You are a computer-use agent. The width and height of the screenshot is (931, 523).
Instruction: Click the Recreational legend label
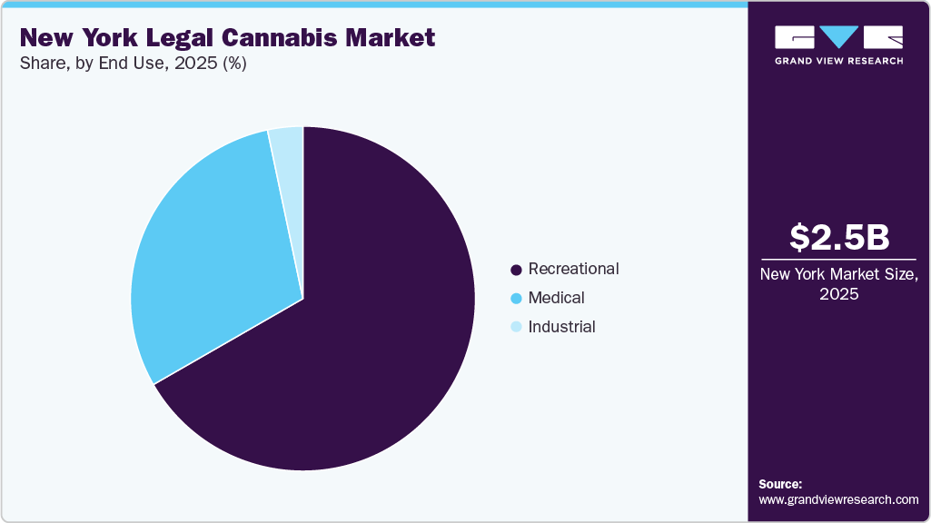573,269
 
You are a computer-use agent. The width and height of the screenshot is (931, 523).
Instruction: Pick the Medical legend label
556,298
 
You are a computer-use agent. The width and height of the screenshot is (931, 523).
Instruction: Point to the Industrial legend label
561,327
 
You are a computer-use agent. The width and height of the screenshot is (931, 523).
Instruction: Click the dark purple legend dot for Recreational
516,270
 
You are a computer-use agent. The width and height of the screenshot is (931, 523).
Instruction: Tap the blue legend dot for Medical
516,299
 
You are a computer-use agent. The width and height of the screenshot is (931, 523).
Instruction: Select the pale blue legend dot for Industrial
516,328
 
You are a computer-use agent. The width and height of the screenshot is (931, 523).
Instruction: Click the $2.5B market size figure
838,237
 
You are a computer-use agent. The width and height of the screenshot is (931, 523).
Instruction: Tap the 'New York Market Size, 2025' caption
838,284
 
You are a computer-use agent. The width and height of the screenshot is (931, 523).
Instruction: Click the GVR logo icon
838,37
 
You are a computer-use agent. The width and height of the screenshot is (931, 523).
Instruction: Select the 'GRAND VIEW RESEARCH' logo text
838,61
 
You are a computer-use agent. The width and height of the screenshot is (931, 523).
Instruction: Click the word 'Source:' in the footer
780,484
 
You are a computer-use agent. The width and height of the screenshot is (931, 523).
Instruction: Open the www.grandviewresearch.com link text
838,499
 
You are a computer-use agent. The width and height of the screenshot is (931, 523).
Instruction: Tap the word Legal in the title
168,37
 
